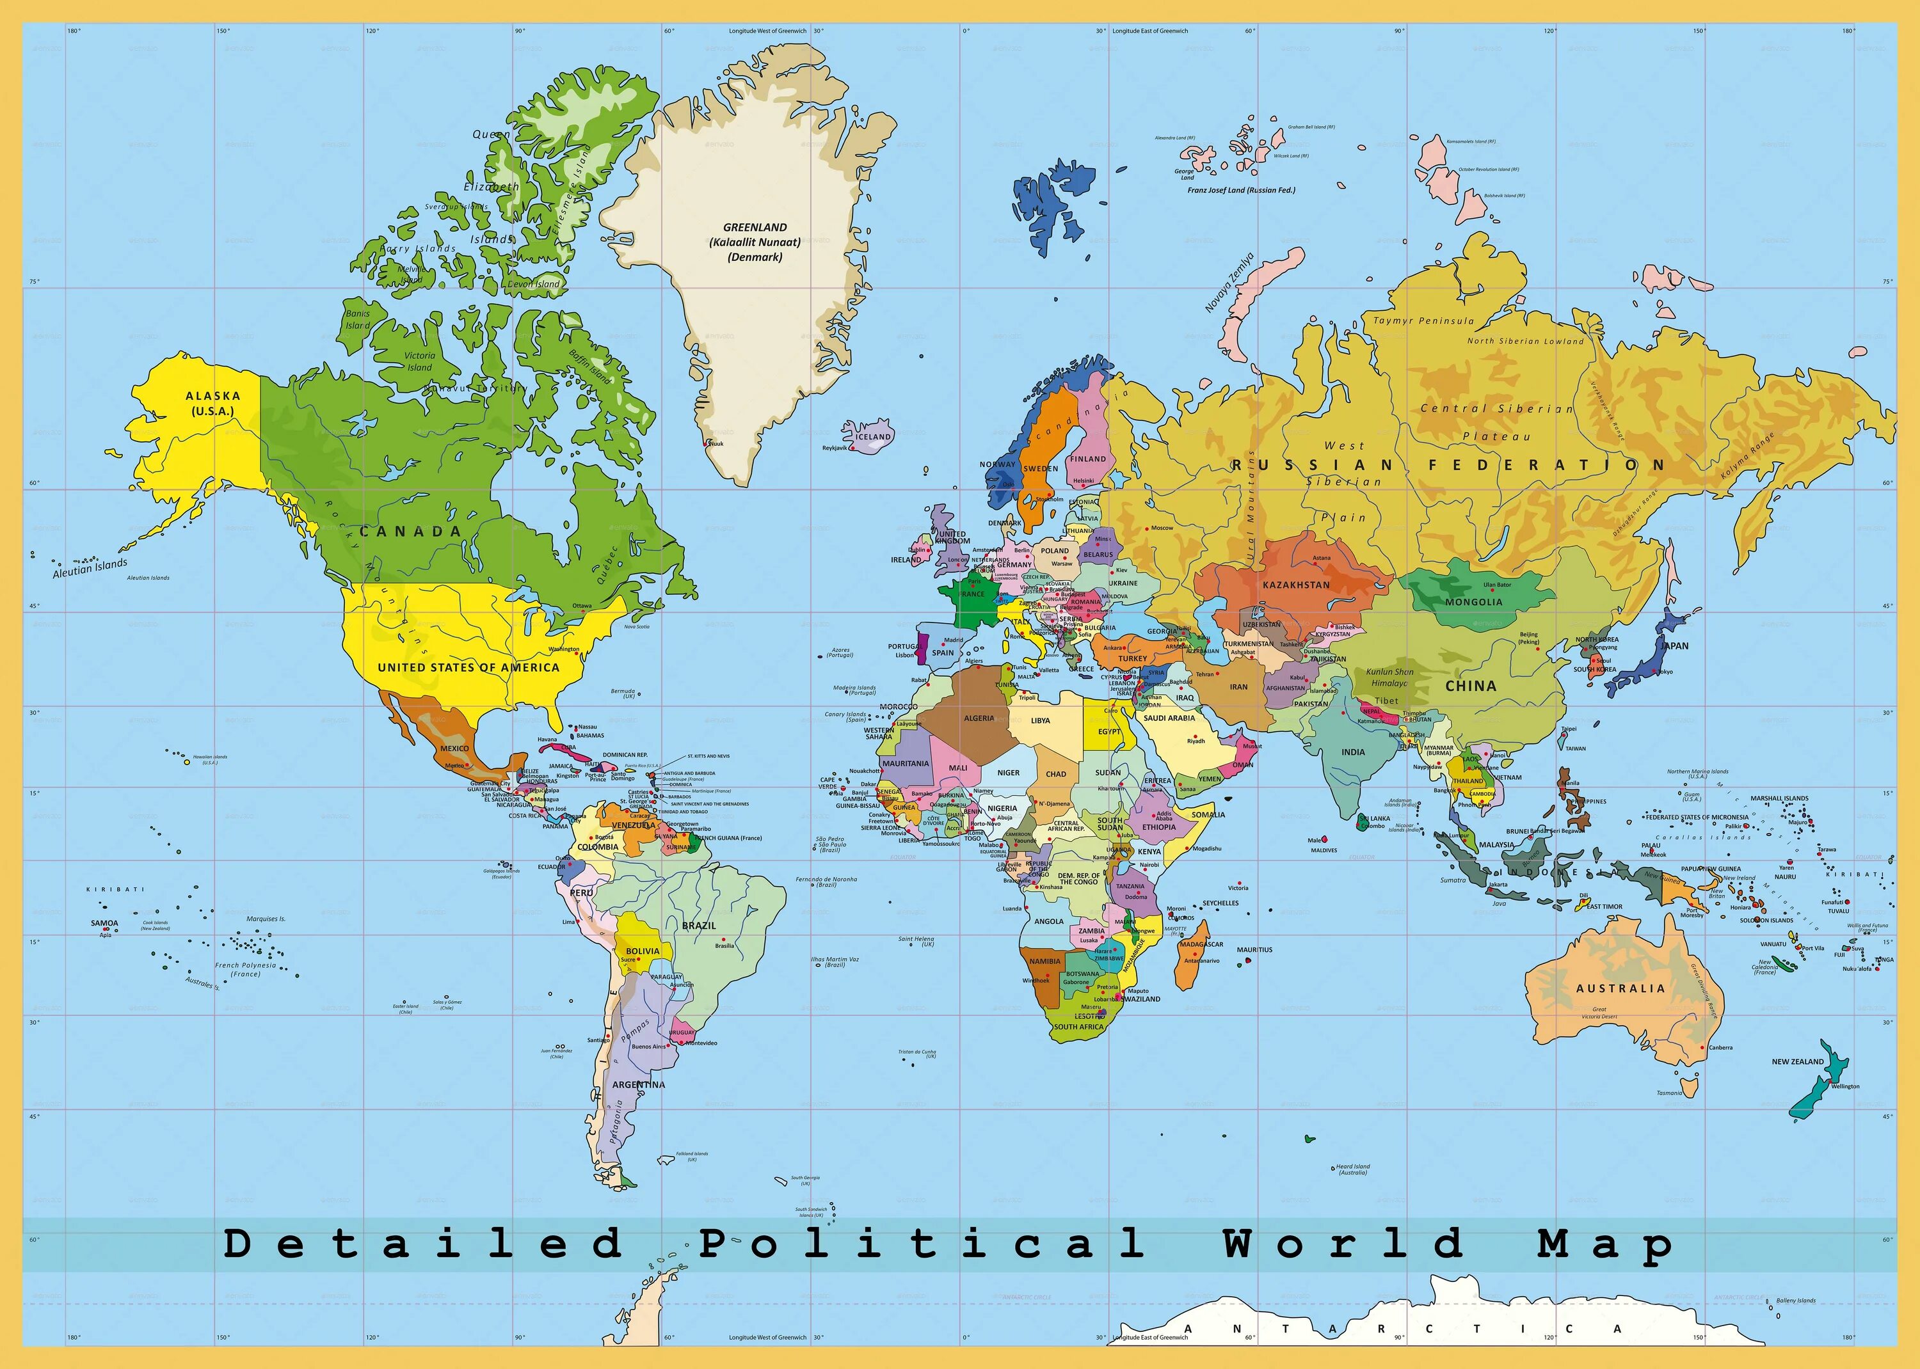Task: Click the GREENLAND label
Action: click(x=755, y=228)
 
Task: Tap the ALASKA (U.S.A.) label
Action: click(x=212, y=403)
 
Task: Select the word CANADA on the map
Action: click(x=411, y=532)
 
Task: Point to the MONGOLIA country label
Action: click(x=1473, y=602)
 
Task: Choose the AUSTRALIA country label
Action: click(x=1620, y=988)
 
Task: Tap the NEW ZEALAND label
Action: click(x=1797, y=1062)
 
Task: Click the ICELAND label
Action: click(x=873, y=437)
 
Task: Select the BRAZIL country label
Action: click(x=698, y=926)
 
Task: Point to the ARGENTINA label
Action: click(x=638, y=1085)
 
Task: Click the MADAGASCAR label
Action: click(x=1201, y=944)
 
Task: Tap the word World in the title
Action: click(x=1344, y=1244)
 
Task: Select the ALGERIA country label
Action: click(x=979, y=718)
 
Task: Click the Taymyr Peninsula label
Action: click(x=1423, y=321)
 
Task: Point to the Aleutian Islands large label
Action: click(x=90, y=568)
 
